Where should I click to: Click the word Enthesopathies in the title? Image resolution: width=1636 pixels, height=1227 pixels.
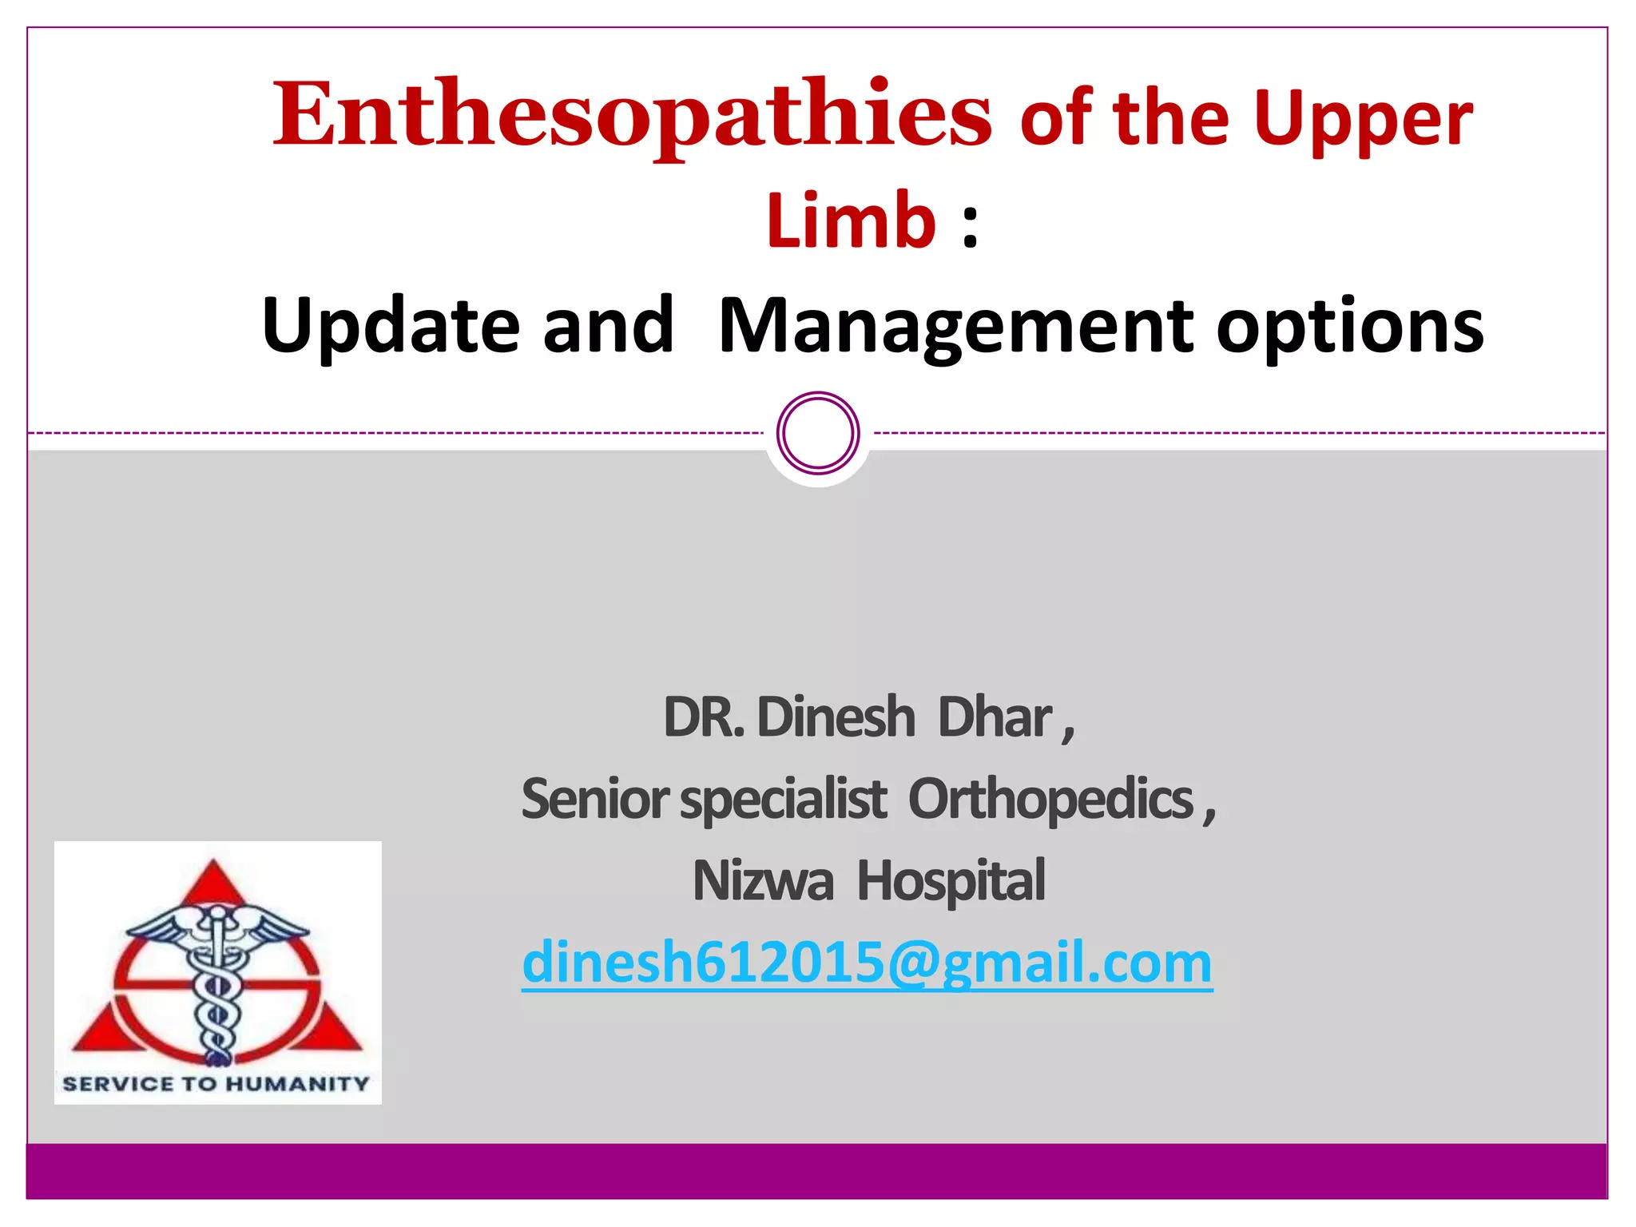tap(631, 116)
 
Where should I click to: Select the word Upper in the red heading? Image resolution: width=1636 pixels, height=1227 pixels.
tap(1362, 120)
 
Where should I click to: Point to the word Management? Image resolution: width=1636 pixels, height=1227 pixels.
tap(955, 325)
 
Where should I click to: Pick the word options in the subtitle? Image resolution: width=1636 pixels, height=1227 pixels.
tap(1349, 327)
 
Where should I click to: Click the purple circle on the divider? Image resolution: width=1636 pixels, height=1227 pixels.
tap(818, 433)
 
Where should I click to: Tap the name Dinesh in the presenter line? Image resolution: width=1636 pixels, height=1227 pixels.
tap(835, 717)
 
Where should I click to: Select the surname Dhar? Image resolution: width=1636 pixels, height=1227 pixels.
tap(995, 717)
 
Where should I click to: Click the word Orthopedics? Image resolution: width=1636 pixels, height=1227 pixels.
tap(1050, 799)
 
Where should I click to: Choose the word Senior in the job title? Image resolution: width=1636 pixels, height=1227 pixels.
tap(595, 799)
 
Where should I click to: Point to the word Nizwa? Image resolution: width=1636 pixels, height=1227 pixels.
tap(763, 880)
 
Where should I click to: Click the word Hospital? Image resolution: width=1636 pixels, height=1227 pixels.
tap(951, 880)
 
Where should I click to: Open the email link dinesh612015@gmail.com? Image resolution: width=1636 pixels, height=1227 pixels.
tap(867, 962)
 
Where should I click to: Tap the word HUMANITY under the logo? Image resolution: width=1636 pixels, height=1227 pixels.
tap(297, 1084)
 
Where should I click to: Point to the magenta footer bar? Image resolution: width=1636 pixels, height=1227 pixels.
tap(818, 1170)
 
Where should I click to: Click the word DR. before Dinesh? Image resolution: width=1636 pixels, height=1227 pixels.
tap(704, 717)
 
